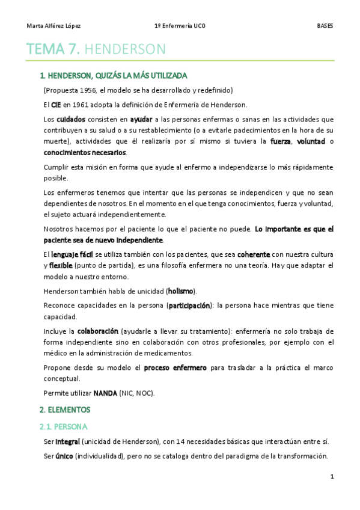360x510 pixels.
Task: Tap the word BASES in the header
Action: click(x=325, y=26)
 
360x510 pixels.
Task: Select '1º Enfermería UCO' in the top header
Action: click(x=180, y=26)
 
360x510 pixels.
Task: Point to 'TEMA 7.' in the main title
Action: click(x=53, y=50)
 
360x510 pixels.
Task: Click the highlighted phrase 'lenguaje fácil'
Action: click(x=72, y=254)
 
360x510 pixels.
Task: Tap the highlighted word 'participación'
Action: click(x=190, y=306)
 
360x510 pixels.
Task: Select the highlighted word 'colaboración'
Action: click(x=97, y=331)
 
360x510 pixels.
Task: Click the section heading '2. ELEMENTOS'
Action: click(x=65, y=410)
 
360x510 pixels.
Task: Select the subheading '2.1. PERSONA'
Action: click(x=63, y=426)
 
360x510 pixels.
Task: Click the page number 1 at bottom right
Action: click(x=332, y=477)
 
